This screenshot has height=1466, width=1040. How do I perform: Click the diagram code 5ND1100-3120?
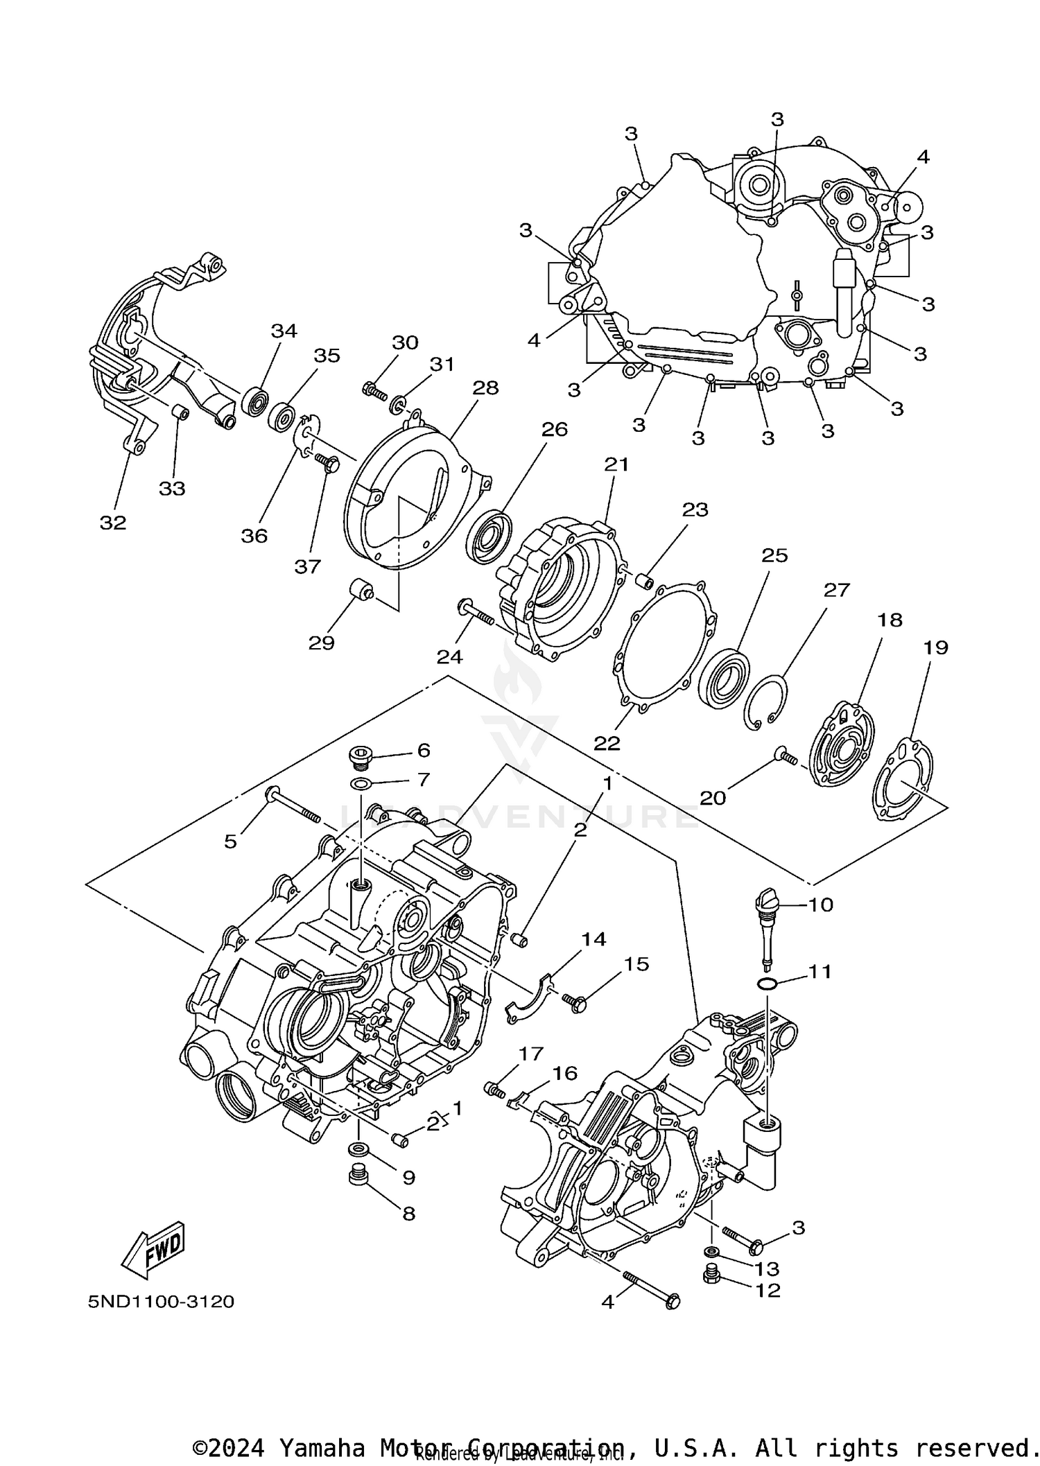161,1302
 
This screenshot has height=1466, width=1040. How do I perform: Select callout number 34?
284,331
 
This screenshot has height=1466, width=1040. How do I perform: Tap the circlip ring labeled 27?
767,701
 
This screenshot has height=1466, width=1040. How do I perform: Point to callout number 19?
935,647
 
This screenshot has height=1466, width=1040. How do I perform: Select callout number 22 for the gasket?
607,743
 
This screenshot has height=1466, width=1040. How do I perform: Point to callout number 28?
485,387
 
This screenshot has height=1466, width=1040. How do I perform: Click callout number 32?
113,523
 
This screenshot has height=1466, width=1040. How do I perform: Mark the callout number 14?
593,939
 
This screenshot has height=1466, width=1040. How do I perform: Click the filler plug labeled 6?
362,756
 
